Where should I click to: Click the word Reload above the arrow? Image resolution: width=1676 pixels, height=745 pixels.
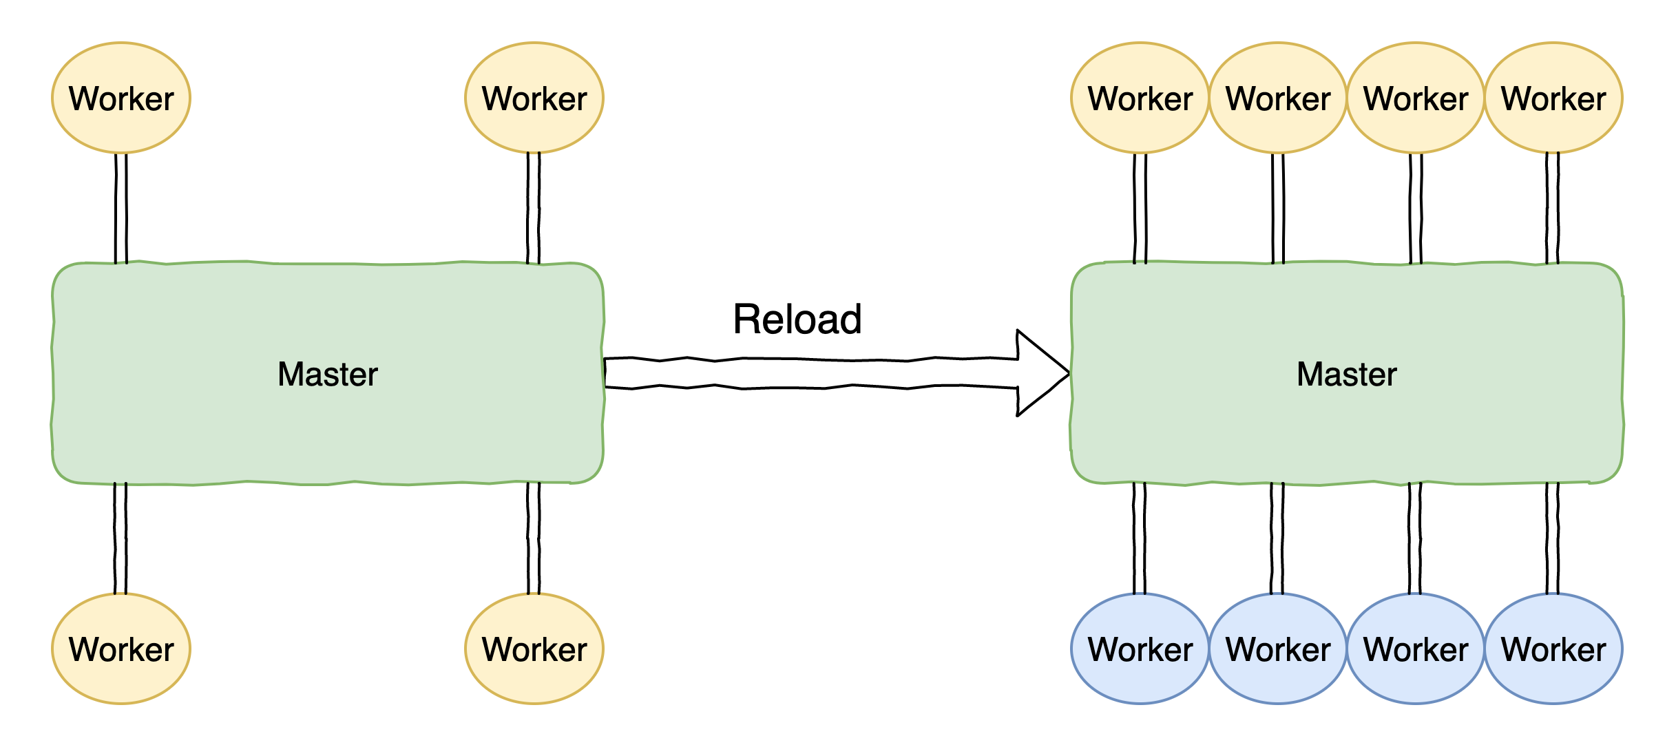point(797,319)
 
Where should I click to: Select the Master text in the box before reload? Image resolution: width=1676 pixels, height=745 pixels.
point(328,375)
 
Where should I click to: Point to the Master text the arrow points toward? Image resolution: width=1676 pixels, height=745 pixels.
point(1347,375)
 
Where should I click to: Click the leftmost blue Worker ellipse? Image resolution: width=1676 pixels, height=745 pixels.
point(1140,649)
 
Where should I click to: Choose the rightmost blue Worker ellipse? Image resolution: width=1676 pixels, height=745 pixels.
point(1553,649)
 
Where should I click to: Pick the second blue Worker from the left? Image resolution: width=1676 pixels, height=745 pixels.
point(1278,649)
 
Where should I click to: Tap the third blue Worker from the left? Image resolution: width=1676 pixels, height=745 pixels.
point(1416,649)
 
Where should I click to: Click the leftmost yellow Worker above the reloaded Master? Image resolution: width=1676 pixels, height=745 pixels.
point(1140,98)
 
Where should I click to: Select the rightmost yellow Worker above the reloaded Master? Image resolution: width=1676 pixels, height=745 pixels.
point(1553,98)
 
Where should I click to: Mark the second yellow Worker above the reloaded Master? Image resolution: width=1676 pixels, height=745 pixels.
point(1278,98)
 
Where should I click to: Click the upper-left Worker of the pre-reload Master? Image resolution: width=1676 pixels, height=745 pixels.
point(121,98)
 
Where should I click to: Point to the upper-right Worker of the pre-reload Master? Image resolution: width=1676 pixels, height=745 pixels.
point(534,98)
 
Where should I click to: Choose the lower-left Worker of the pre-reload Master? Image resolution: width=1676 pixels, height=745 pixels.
point(121,649)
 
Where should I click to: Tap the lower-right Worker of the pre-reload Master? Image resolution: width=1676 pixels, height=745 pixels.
point(534,649)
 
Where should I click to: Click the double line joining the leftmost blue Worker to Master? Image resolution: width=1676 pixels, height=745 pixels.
point(1140,538)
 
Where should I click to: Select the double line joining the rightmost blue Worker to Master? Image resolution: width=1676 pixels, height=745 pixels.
point(1553,538)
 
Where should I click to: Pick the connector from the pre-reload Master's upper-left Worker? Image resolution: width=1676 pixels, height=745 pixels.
point(121,208)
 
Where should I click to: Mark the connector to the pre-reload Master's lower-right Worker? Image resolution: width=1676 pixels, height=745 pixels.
point(534,538)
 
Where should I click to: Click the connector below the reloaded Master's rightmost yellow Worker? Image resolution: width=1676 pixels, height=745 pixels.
point(1553,208)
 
